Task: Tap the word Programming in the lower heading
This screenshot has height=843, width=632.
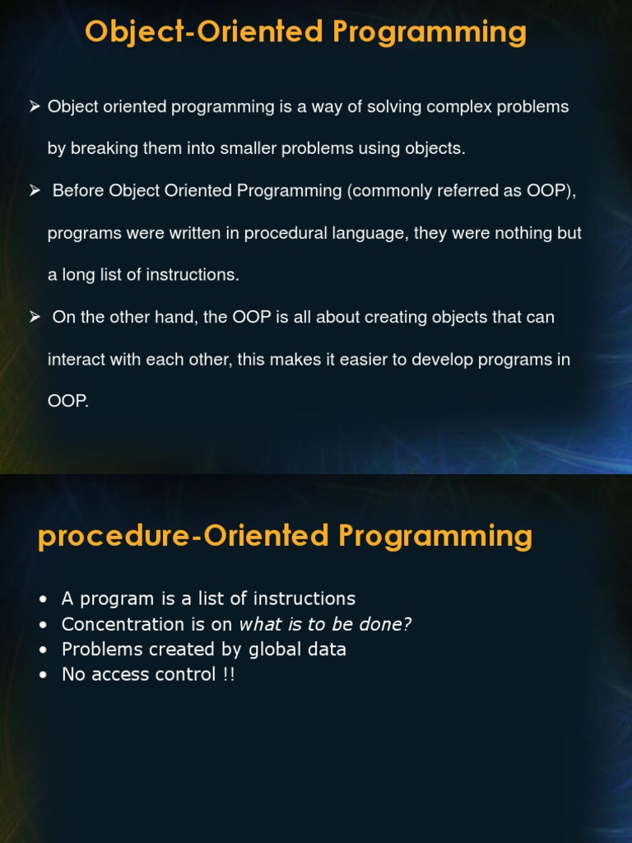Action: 435,536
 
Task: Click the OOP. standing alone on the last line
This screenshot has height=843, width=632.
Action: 67,402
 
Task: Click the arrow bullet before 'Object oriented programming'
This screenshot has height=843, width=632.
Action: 35,106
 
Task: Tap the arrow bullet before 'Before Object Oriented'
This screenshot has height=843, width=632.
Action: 35,190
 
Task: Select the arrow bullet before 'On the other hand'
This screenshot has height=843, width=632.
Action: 35,317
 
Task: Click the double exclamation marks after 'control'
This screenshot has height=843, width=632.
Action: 228,675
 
